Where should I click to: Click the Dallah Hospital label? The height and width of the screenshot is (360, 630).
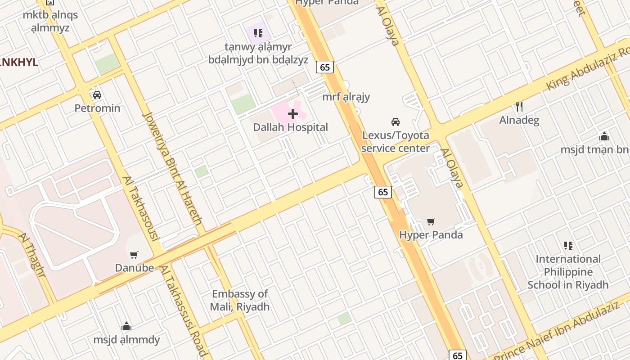coord(290,127)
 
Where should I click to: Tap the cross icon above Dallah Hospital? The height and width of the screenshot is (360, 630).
coord(293,114)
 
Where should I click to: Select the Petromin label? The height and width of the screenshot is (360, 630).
coord(97,108)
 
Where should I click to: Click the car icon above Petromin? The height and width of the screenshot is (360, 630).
coord(97,95)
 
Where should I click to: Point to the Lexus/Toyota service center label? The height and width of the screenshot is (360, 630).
coord(396,142)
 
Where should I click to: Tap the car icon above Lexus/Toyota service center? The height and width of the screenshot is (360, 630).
coord(396,121)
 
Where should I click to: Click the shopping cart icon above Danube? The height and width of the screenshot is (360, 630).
coord(134,255)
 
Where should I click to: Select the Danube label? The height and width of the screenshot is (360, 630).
coord(134,268)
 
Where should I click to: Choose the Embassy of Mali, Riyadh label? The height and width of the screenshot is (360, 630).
coord(240,301)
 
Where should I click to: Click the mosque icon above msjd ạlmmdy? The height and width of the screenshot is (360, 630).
coord(126,326)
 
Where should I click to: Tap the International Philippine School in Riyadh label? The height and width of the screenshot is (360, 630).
coord(568,272)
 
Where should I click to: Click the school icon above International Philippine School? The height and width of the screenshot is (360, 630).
coord(568,246)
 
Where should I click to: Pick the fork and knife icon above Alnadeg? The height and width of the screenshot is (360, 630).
coord(519,107)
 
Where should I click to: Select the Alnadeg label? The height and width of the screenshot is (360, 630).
coord(519,120)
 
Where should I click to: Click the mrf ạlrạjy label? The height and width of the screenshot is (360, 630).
coord(346,97)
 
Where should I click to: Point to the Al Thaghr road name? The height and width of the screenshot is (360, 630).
coord(32,255)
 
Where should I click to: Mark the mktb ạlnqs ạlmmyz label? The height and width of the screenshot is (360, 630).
coord(50,21)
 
